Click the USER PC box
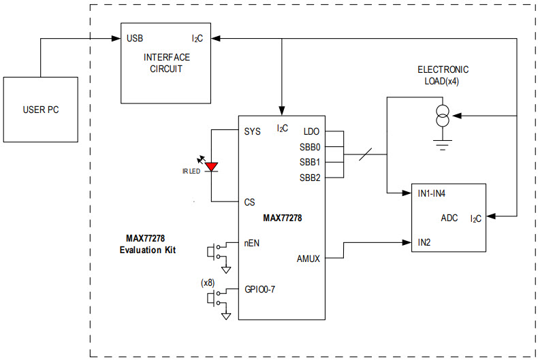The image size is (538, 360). tap(41, 109)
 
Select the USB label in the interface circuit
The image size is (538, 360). tap(135, 38)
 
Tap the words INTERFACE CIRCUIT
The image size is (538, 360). tap(166, 63)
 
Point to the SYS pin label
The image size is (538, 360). tap(252, 131)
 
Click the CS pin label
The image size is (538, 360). tap(249, 202)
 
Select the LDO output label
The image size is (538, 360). tap(311, 131)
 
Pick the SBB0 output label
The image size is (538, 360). tap(309, 147)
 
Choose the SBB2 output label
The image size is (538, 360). tap(309, 178)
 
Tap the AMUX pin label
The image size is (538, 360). tap(308, 258)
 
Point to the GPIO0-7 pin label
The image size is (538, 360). tap(260, 289)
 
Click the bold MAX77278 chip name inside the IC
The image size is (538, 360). tap(282, 218)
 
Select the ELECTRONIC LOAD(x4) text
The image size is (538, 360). tap(443, 75)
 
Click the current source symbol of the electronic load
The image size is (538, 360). tap(443, 116)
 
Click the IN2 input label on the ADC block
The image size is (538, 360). tap(425, 242)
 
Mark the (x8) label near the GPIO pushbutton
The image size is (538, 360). tap(208, 282)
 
